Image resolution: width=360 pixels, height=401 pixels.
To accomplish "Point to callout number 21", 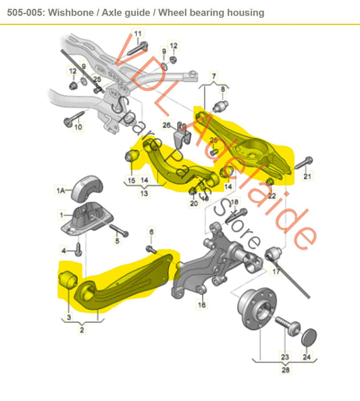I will [307, 177].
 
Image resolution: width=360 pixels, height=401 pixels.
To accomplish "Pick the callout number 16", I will [201, 305].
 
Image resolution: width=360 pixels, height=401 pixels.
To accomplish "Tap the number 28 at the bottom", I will [286, 370].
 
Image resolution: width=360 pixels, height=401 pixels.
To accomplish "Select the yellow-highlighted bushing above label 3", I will [68, 277].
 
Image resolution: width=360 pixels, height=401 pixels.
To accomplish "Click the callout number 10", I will [78, 126].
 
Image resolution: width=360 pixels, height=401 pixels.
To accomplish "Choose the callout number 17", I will [276, 273].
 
